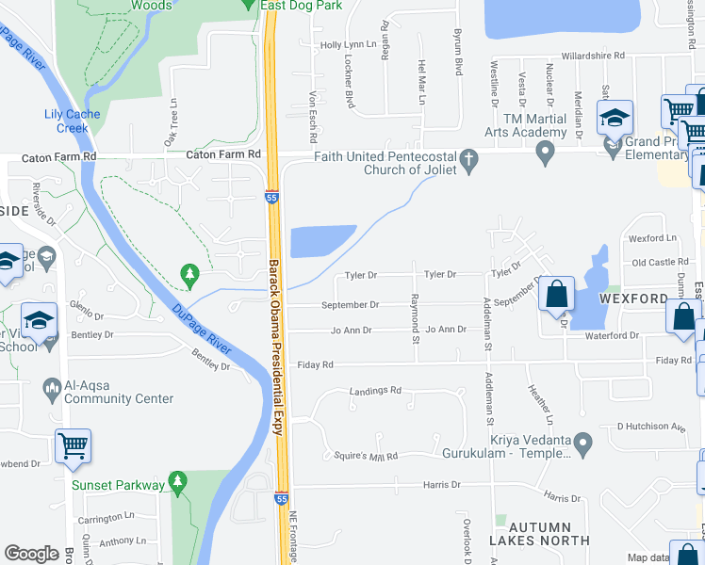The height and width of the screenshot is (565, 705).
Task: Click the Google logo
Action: coord(31,554)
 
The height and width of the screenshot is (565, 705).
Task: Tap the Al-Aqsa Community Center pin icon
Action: coord(53,386)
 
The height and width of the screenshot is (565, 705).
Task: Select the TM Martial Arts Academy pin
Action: coord(544,154)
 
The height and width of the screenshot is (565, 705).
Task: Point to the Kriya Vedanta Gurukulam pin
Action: coord(584,441)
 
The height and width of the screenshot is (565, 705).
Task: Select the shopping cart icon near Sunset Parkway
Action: coord(73,446)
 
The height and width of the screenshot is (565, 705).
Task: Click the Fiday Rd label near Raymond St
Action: coord(315,364)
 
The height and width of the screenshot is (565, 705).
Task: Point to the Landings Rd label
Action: coord(375,390)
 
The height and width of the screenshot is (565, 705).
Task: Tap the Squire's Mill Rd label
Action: coord(367,456)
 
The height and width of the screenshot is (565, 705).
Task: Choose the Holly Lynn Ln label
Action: coord(348,45)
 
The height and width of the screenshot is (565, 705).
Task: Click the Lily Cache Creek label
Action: coord(73,121)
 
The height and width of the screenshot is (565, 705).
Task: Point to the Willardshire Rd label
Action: coord(592,56)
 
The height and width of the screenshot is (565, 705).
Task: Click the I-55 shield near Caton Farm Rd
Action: coord(271,198)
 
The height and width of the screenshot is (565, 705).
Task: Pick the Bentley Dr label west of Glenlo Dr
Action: coord(91,334)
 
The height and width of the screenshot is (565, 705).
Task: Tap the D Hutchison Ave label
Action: coord(650,427)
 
